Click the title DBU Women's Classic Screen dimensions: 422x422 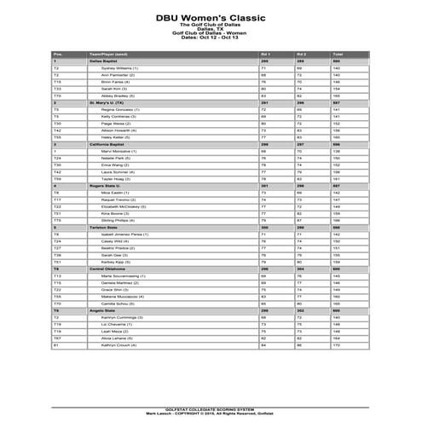(211, 16)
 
